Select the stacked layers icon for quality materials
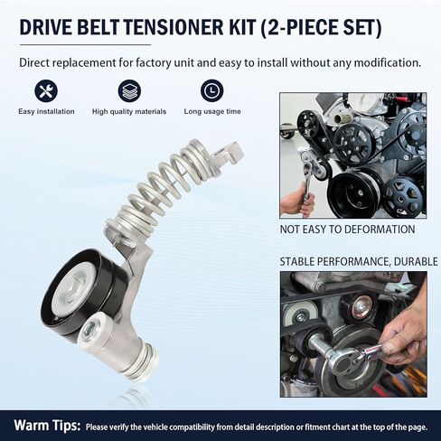click(x=129, y=90)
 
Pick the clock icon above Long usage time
click(x=211, y=90)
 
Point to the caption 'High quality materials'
click(x=129, y=111)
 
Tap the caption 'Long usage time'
click(x=211, y=111)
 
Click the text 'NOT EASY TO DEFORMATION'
click(x=347, y=230)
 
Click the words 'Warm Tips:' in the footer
click(x=44, y=425)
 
